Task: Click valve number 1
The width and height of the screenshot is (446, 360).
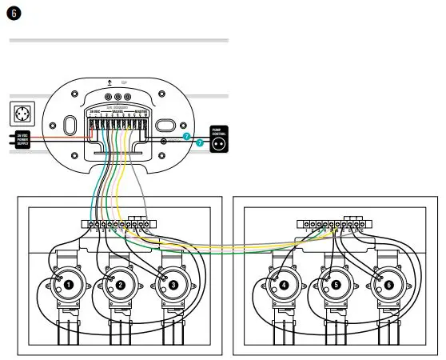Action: [70, 284]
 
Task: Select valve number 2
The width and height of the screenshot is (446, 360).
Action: [121, 284]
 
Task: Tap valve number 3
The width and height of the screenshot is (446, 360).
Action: [173, 284]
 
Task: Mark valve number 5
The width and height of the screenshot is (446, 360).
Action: [336, 284]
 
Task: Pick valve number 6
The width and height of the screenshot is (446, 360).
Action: [388, 284]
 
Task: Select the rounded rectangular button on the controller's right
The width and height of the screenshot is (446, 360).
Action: [165, 126]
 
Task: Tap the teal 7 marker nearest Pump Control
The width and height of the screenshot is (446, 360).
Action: [199, 142]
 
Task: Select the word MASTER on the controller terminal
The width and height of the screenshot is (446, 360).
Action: [141, 111]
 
